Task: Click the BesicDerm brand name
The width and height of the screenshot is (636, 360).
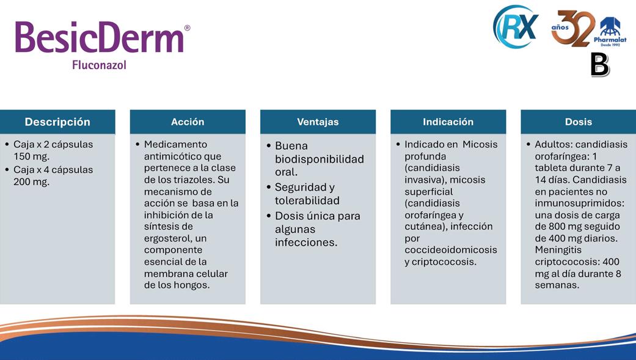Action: click(100, 37)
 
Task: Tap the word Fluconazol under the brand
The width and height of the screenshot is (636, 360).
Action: click(100, 65)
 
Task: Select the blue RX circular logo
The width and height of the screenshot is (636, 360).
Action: click(516, 26)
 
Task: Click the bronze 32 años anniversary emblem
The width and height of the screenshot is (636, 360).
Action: click(572, 28)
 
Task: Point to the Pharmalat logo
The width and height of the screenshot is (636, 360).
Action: click(610, 32)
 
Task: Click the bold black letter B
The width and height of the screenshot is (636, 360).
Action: click(600, 65)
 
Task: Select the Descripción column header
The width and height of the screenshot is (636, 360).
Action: click(57, 122)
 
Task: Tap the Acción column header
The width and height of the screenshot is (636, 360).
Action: click(188, 122)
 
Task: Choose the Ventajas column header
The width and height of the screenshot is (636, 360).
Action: click(318, 122)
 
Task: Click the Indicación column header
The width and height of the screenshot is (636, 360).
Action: click(448, 122)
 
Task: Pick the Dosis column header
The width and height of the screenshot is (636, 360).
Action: click(579, 122)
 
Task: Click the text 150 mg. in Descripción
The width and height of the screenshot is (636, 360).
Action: click(31, 156)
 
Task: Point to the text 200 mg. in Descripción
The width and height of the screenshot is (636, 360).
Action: click(31, 182)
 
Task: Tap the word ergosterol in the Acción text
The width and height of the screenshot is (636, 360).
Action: click(167, 238)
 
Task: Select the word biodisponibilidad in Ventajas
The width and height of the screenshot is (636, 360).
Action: click(319, 159)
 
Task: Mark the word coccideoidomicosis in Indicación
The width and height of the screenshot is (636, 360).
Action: click(451, 249)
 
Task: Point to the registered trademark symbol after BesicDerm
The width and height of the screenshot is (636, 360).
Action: click(187, 28)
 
